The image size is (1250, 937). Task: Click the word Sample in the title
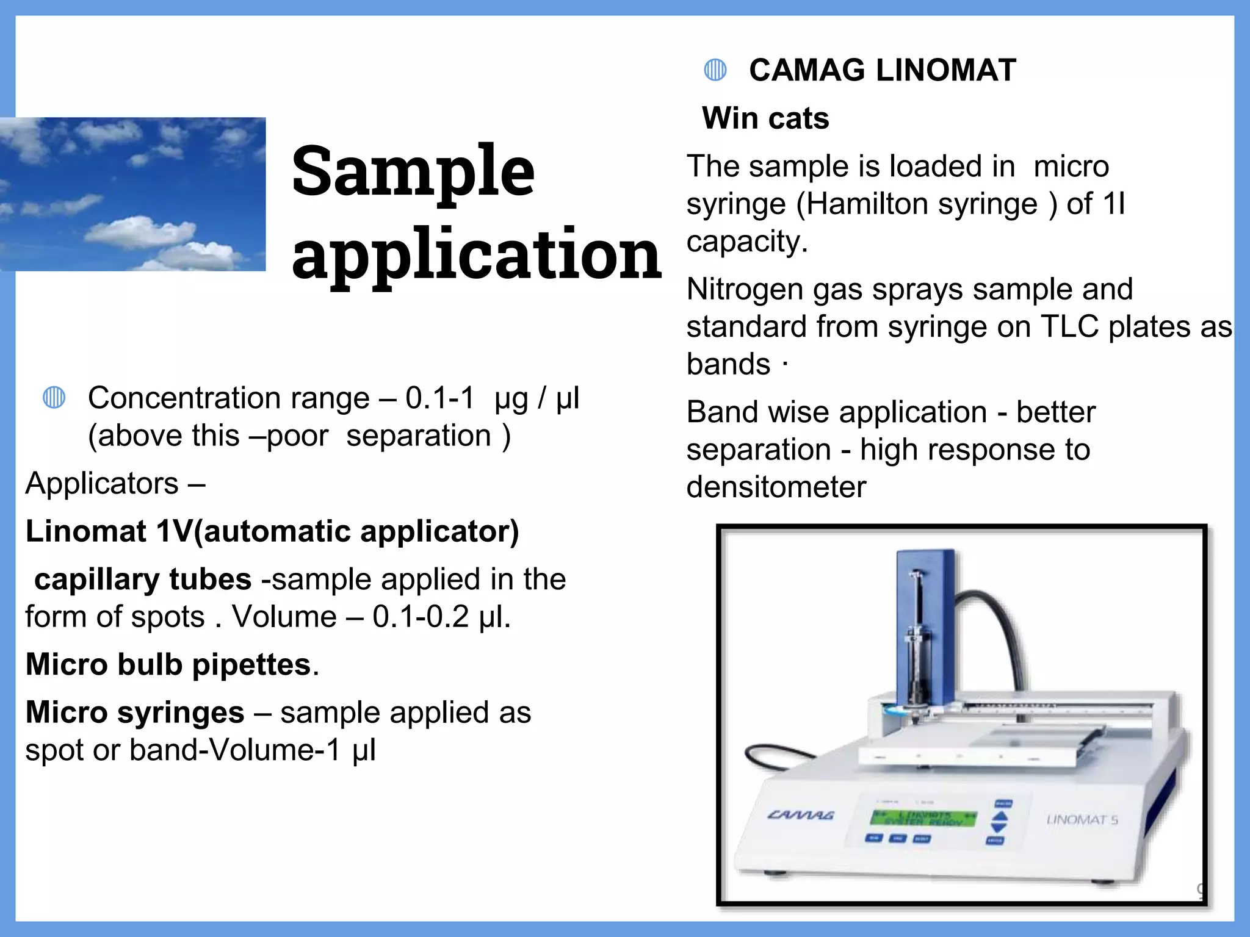tap(413, 172)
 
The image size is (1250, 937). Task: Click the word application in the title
tap(476, 255)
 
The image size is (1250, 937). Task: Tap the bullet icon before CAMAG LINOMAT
tap(715, 70)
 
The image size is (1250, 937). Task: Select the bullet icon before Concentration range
tap(54, 398)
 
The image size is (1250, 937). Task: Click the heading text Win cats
tap(765, 118)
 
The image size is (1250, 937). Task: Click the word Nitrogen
tap(744, 289)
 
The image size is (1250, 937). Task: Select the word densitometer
tap(776, 487)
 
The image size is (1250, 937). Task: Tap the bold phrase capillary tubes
tap(143, 580)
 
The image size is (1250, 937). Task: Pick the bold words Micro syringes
tap(135, 713)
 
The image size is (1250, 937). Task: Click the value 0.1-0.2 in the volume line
tap(421, 617)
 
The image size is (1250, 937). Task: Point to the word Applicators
tap(102, 484)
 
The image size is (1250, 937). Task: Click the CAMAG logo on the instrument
tap(800, 815)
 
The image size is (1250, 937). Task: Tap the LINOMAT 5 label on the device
tap(1082, 820)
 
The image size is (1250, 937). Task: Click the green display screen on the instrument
tap(923, 818)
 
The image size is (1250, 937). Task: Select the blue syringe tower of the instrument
tap(925, 628)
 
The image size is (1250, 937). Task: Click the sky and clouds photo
tap(132, 194)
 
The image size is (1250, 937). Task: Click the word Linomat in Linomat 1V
tap(86, 531)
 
